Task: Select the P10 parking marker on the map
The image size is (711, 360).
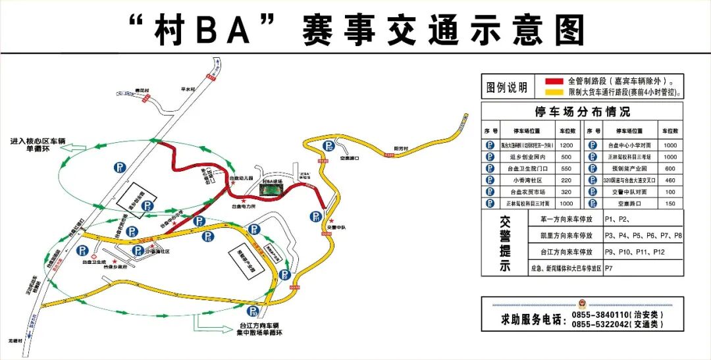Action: tap(253, 311)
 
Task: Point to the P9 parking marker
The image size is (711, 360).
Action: tap(284, 274)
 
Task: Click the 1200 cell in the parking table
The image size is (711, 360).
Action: tap(566, 145)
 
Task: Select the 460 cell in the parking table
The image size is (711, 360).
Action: tap(670, 180)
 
